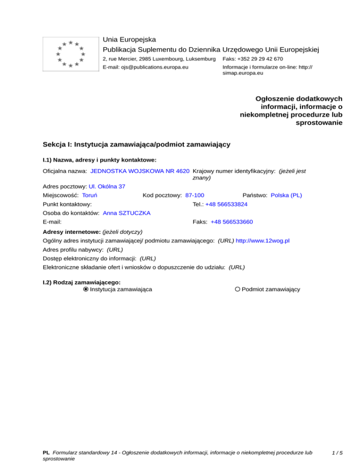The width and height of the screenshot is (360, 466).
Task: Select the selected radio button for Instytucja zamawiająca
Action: [x=86, y=289]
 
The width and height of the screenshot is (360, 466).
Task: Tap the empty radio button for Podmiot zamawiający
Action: [x=238, y=289]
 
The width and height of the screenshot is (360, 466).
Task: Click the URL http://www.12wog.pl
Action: [x=262, y=241]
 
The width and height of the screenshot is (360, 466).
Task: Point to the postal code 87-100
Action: [x=195, y=195]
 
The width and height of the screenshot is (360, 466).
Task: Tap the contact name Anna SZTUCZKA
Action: [x=127, y=213]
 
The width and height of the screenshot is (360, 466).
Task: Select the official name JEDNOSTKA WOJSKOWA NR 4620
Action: [x=140, y=172]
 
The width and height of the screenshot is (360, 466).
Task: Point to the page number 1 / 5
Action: [x=337, y=453]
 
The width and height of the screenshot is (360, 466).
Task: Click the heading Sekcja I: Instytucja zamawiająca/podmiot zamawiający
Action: [x=136, y=144]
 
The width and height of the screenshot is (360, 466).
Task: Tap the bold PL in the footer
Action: [x=46, y=453]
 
